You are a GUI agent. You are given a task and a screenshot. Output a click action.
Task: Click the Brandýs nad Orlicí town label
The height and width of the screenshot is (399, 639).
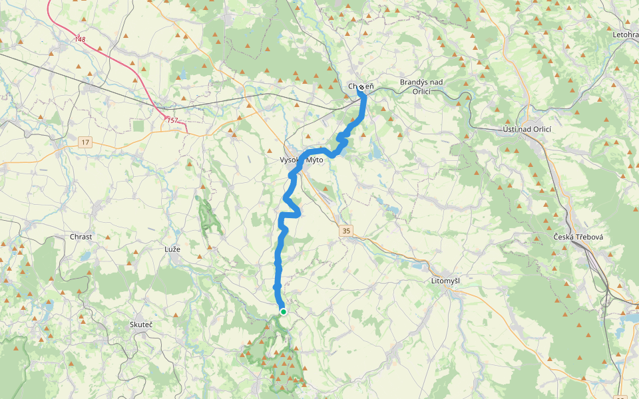[x=421, y=86]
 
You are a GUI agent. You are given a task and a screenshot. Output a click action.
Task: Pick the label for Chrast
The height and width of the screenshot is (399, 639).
[x=81, y=237]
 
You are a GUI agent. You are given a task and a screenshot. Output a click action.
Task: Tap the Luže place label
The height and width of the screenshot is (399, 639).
[x=172, y=249]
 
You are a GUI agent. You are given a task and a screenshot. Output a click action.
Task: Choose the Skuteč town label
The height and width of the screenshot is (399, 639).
[x=141, y=325]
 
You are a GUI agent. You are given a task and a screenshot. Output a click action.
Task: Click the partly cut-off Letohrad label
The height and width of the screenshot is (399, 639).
[x=625, y=34]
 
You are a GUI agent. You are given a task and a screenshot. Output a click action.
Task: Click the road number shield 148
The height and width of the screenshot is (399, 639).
[x=80, y=40]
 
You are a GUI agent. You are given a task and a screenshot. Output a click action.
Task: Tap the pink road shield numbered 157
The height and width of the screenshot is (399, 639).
[x=172, y=120]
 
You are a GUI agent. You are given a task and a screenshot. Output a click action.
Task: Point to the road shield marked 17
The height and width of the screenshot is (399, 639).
[x=85, y=142]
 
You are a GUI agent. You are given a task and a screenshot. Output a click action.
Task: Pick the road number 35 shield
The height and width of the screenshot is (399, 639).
[x=346, y=231]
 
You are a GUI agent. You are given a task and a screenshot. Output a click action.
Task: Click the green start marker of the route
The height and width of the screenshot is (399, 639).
[x=284, y=311]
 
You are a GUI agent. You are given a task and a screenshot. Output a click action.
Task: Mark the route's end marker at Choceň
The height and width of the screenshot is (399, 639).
[x=361, y=88]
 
